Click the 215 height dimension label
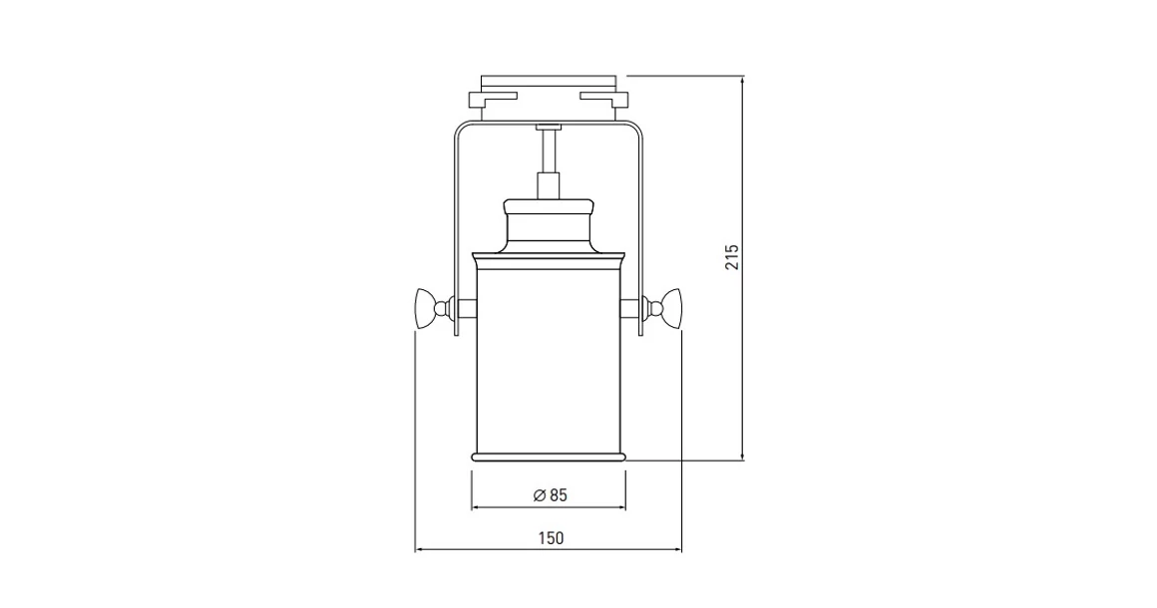[x=731, y=257]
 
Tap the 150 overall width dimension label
[x=551, y=538]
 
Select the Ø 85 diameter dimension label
[x=551, y=495]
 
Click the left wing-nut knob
[x=426, y=308]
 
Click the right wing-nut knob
[x=671, y=308]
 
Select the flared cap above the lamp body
[x=549, y=225]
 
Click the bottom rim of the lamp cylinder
[x=549, y=456]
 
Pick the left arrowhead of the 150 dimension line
[x=419, y=550]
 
